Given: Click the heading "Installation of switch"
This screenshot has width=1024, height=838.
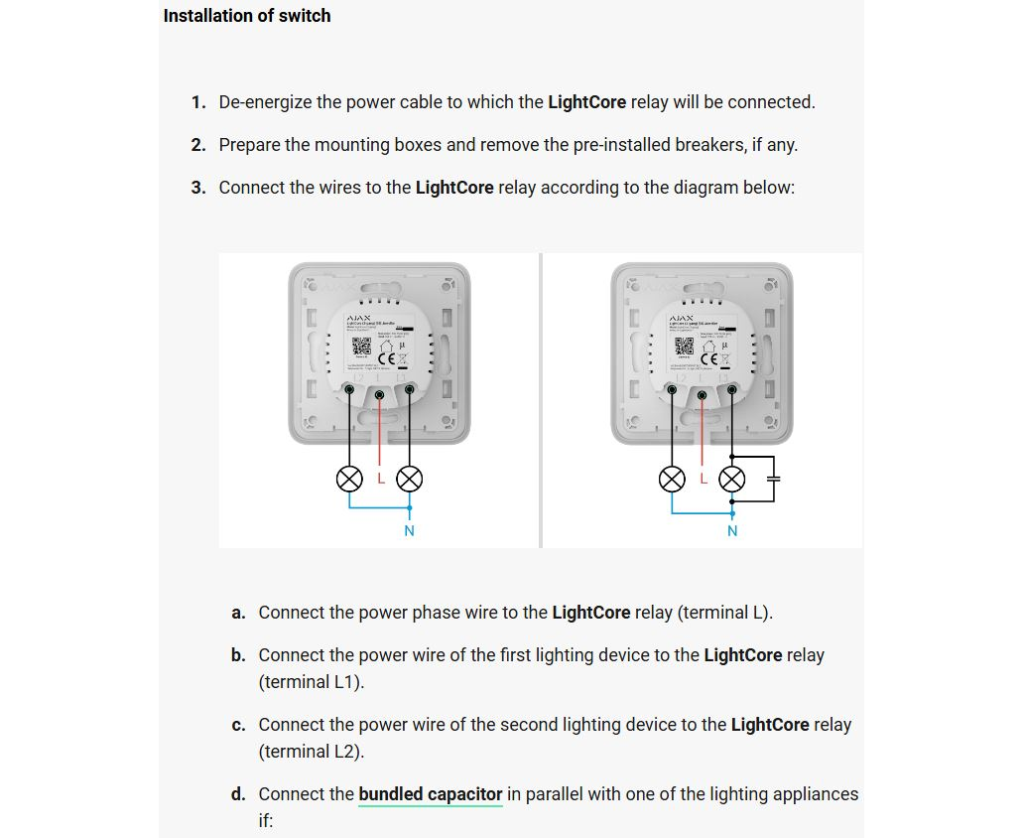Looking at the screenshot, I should (247, 16).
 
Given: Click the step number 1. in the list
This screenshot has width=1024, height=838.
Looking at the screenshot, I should (198, 102).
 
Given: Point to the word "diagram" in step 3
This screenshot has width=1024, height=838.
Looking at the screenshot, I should (696, 188).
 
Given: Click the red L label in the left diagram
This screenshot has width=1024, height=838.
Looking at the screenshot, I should (381, 479).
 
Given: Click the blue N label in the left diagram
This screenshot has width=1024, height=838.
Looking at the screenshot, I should (409, 531).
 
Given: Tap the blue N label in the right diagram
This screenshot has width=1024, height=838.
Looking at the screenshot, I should (732, 531).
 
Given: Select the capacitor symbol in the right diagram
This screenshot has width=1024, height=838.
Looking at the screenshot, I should (775, 479).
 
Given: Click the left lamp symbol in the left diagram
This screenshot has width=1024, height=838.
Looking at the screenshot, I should (349, 480).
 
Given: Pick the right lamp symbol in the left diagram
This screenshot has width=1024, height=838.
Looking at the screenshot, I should (409, 480).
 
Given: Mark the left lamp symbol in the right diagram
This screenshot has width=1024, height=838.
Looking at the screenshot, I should (673, 480).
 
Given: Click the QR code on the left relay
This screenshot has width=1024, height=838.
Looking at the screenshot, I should (359, 349).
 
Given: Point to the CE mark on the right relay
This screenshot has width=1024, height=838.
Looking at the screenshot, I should (710, 357).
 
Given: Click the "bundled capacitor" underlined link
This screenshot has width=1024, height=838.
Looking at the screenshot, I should (431, 794).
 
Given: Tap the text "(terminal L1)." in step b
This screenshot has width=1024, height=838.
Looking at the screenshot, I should (312, 682).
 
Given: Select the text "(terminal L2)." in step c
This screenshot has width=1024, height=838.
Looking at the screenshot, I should (312, 752).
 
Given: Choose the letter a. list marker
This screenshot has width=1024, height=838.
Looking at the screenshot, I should (238, 613).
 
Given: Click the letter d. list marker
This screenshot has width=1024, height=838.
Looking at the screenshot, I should (238, 794).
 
